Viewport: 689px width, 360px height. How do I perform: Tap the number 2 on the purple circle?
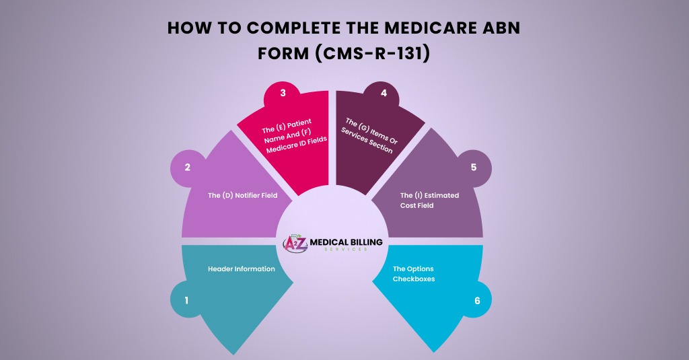point(188,167)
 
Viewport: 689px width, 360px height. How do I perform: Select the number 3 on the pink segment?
point(283,93)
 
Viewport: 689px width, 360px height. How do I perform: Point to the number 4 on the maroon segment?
point(384,93)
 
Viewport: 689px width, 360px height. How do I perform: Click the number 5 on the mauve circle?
point(474,167)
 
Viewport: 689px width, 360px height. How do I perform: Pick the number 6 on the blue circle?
point(477,301)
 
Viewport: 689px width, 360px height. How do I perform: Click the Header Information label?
point(241,268)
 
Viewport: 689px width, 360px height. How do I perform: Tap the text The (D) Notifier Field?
point(243,196)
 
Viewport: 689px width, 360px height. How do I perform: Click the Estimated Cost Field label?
point(429,200)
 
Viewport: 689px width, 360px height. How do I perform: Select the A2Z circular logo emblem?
point(295,243)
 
